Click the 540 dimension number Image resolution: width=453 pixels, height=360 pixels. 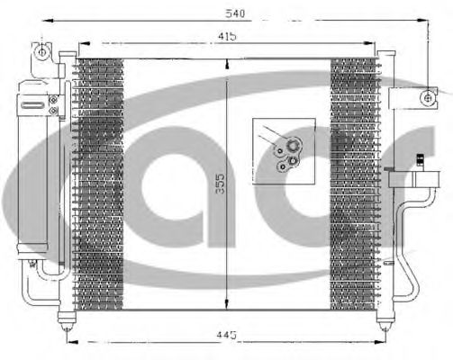[x=236, y=13]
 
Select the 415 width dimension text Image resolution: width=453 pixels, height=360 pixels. [x=226, y=36]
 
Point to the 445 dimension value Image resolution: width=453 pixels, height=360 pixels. [x=226, y=335]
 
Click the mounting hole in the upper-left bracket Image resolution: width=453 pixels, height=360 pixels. [x=42, y=51]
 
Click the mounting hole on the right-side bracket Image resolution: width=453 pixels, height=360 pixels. [x=426, y=95]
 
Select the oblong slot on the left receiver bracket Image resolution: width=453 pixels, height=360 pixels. [x=33, y=103]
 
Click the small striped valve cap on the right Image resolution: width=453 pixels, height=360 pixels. [x=420, y=162]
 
